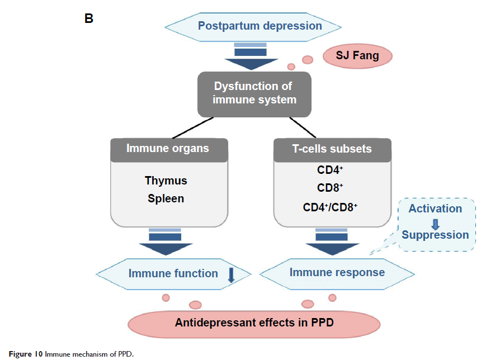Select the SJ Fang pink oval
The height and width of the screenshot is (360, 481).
point(358,56)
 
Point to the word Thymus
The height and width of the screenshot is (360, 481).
point(166,181)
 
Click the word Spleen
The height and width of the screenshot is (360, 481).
point(166,198)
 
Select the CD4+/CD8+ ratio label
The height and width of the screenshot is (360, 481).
point(330,207)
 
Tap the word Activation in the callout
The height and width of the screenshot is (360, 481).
point(435,209)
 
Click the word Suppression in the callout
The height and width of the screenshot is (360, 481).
point(435,234)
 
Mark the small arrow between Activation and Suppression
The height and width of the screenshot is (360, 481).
point(435,221)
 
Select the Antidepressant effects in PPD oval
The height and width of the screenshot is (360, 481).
point(254,323)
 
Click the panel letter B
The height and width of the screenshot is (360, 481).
point(88,18)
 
